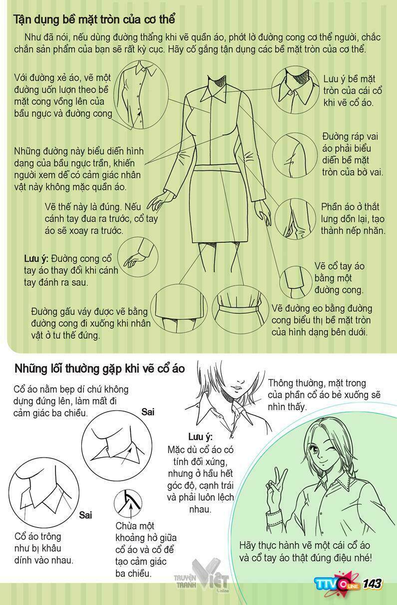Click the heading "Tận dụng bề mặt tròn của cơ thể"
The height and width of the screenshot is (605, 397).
pos(95,19)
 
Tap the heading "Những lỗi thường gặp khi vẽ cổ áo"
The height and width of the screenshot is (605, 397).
pos(99,369)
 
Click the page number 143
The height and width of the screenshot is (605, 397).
pos(372,584)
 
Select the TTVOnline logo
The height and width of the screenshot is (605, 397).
pos(338,584)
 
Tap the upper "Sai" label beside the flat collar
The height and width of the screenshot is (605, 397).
pos(148,412)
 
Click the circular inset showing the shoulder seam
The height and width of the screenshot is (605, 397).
pos(295,155)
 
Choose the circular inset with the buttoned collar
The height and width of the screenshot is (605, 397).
pos(296,91)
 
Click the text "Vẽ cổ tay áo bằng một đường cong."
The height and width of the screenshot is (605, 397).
pos(339,278)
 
